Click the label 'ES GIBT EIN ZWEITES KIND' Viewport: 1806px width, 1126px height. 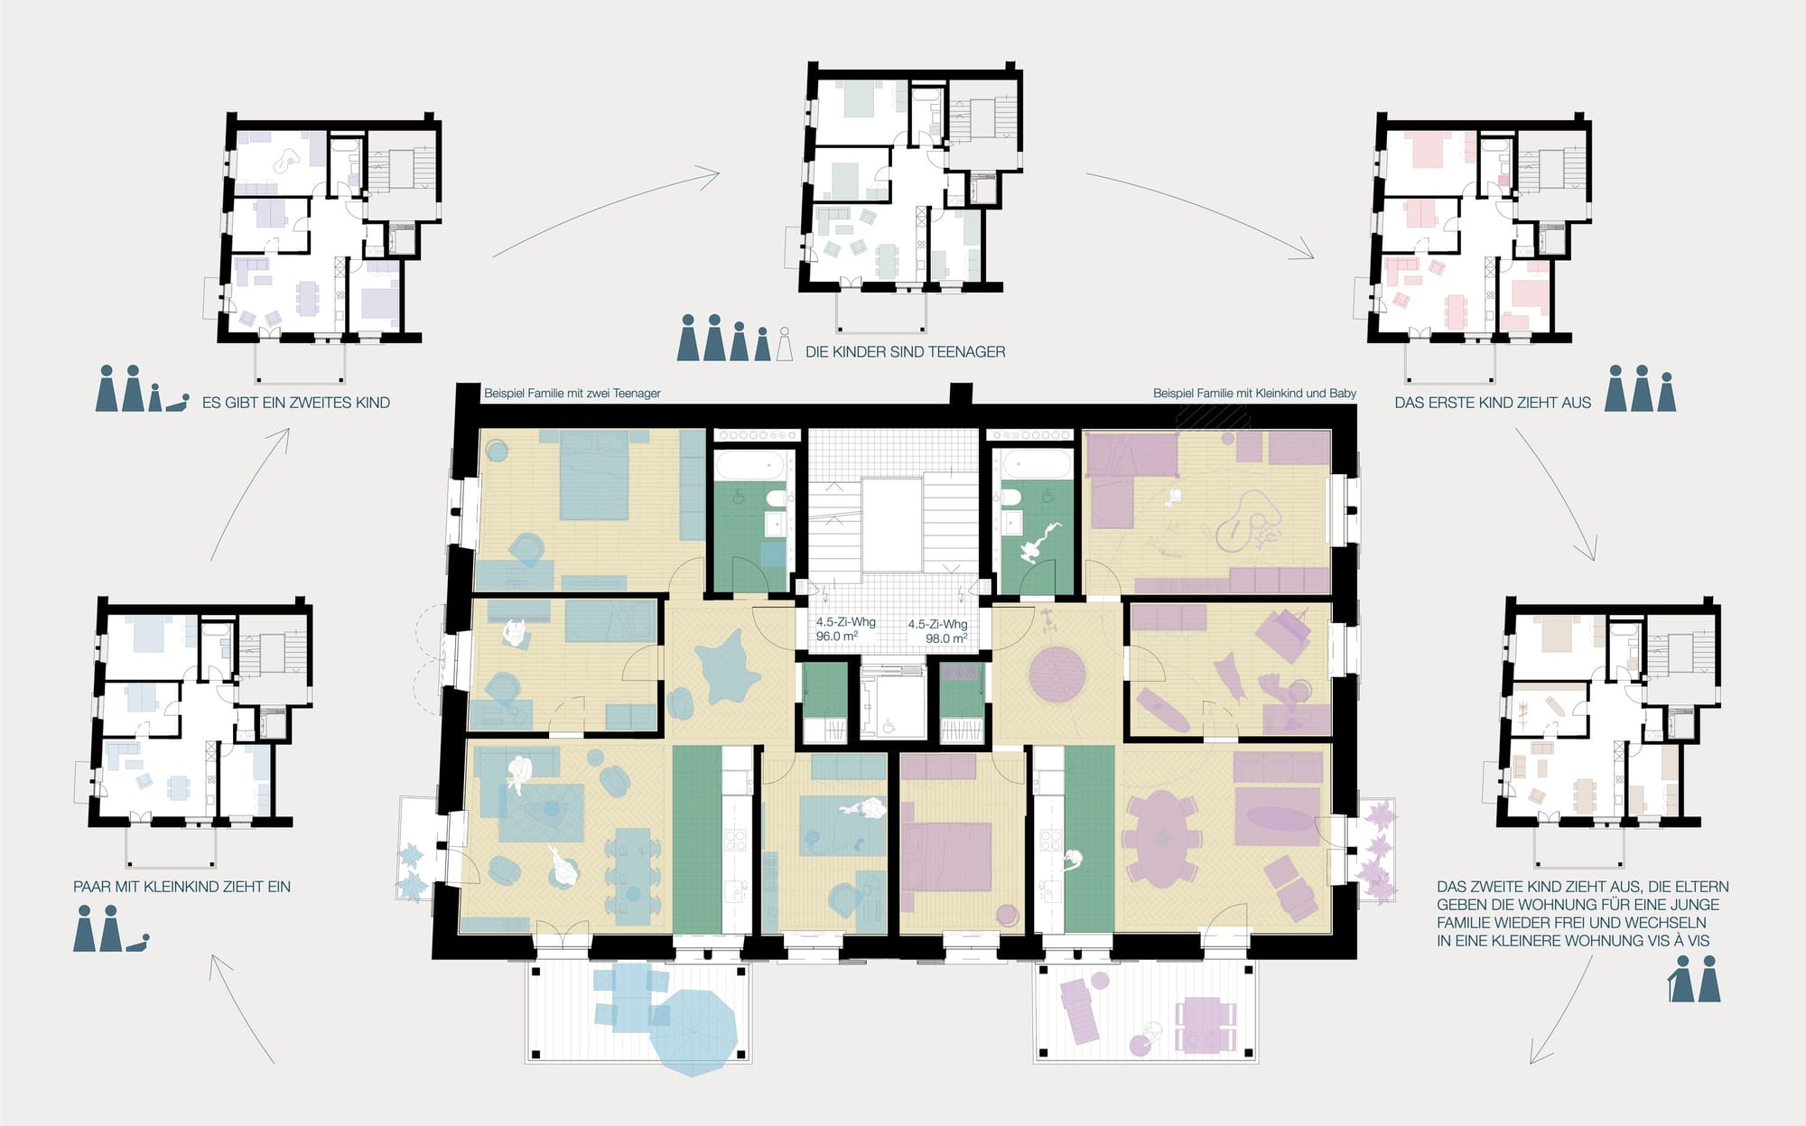(x=296, y=403)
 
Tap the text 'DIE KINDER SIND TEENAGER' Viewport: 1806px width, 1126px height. (x=905, y=352)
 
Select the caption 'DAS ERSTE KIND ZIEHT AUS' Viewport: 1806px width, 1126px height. (x=1493, y=403)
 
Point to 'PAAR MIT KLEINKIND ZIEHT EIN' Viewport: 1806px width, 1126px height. (x=182, y=887)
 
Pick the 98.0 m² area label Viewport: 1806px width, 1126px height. (x=946, y=638)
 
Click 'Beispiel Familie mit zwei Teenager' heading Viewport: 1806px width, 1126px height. (x=573, y=394)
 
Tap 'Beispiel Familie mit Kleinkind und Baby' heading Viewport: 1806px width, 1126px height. (x=1254, y=394)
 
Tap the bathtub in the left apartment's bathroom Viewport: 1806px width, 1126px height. (x=749, y=466)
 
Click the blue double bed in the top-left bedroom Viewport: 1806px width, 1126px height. (x=593, y=476)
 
